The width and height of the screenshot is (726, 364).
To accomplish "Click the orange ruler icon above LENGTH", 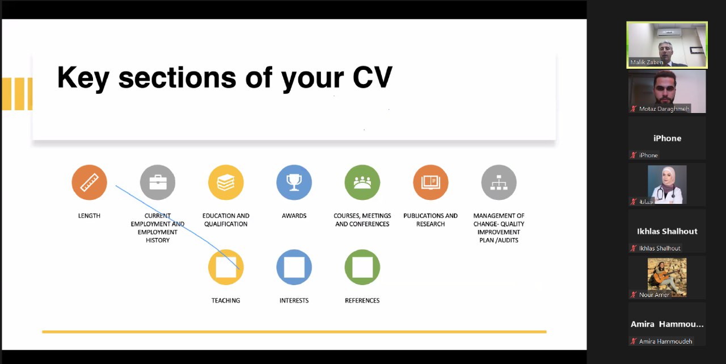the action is point(89,182).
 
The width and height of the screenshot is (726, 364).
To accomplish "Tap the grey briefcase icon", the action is point(158,182).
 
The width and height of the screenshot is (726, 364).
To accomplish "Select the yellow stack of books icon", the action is point(226,182).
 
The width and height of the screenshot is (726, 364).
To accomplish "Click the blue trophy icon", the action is point(294,182).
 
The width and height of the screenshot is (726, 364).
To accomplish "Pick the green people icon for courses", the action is point(362,182).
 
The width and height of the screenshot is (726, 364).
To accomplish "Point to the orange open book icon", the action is point(430,182).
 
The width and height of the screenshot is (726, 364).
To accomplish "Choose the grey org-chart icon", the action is point(499,182).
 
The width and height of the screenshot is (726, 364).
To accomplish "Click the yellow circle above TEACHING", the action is point(226,267).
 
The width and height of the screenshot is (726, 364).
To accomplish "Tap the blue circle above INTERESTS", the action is point(294,267).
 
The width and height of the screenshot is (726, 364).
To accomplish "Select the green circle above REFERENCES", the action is point(362,267).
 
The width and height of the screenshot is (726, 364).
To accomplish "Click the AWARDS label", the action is point(294,216).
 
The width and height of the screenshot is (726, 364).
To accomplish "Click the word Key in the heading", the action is point(83,78).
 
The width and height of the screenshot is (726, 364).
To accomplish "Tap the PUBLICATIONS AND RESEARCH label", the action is point(430,220).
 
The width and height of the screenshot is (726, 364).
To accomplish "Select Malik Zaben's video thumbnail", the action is point(667,45).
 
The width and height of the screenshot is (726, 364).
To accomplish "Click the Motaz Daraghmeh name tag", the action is point(664,108).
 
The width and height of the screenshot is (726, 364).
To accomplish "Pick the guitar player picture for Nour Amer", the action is point(667,277).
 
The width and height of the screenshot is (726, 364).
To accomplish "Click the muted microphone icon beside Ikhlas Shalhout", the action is point(634,248).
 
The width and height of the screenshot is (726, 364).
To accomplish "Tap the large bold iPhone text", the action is point(667,138).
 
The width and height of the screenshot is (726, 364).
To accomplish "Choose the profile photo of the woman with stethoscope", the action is point(667,185).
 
